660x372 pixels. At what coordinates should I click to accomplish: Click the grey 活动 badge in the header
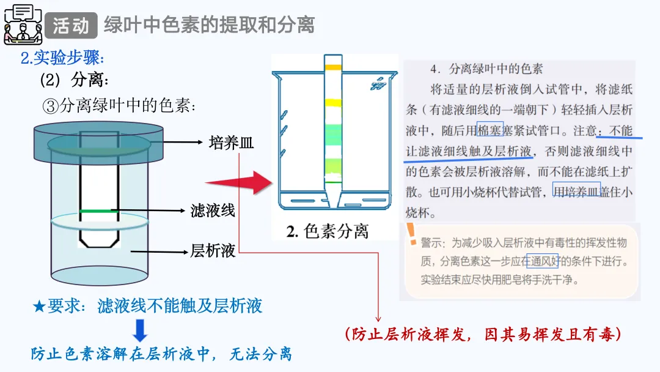(x=71, y=25)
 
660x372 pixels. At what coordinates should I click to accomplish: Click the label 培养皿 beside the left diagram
(x=231, y=143)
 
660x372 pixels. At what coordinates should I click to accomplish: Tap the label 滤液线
(x=213, y=211)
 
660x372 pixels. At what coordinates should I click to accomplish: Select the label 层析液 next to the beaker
(x=213, y=250)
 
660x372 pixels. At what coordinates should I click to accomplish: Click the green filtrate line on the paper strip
(x=95, y=211)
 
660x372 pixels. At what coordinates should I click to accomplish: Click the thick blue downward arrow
(x=141, y=330)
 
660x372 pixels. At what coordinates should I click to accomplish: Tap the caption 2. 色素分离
(x=328, y=232)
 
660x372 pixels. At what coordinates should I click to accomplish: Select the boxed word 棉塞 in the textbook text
(x=490, y=130)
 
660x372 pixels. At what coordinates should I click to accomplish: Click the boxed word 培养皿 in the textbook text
(x=576, y=190)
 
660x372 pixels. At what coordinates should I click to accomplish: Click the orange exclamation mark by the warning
(x=411, y=233)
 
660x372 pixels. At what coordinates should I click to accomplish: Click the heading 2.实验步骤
(x=62, y=58)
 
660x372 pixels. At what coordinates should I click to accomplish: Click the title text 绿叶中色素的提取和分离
(x=209, y=25)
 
